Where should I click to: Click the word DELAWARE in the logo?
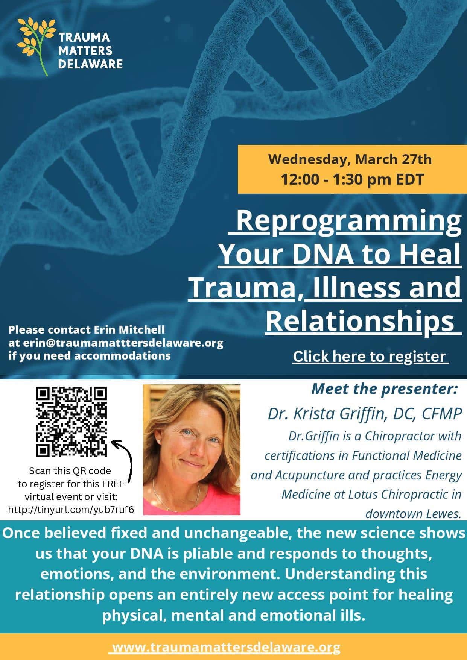tap(90, 64)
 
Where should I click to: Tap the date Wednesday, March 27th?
tap(350, 159)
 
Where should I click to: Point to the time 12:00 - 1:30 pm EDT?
tap(352, 179)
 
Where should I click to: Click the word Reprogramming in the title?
tap(348, 221)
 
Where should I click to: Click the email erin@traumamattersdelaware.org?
tap(123, 343)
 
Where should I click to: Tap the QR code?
tap(71, 422)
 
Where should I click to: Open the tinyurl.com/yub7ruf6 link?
tap(71, 510)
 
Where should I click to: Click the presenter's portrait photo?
tap(192, 449)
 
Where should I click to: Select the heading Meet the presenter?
tap(384, 389)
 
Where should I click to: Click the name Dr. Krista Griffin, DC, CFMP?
tap(364, 414)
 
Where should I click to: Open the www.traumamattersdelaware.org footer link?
tap(226, 648)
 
